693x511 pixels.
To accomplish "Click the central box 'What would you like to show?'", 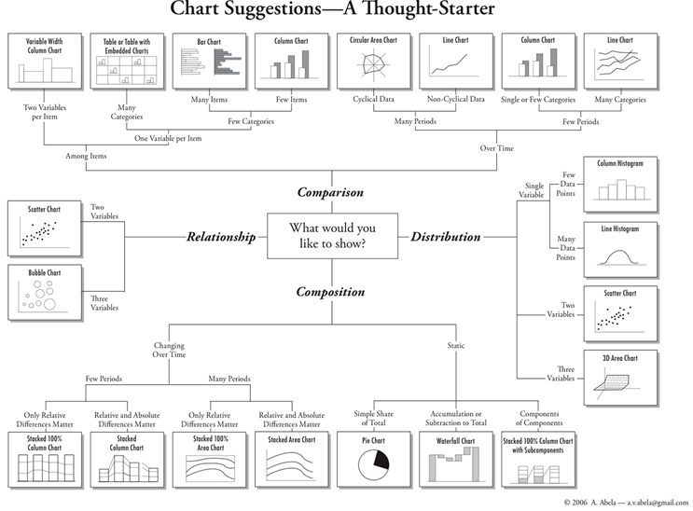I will click(332, 236).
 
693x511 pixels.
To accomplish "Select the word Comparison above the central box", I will click(330, 193).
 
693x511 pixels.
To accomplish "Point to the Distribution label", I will click(446, 237).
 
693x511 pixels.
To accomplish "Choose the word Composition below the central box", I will click(330, 292).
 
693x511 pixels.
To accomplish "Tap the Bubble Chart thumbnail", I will click(43, 291).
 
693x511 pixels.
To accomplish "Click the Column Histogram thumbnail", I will click(619, 183).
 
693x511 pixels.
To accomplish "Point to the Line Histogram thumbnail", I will click(619, 248).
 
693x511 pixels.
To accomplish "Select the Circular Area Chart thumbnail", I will click(374, 62).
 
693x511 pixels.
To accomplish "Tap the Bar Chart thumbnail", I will click(210, 62).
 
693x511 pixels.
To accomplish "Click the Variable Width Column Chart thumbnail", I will click(43, 62).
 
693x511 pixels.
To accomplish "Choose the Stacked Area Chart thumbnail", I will click(292, 458).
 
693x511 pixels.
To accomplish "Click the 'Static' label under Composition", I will click(456, 346).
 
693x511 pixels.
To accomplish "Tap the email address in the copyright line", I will click(649, 503).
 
